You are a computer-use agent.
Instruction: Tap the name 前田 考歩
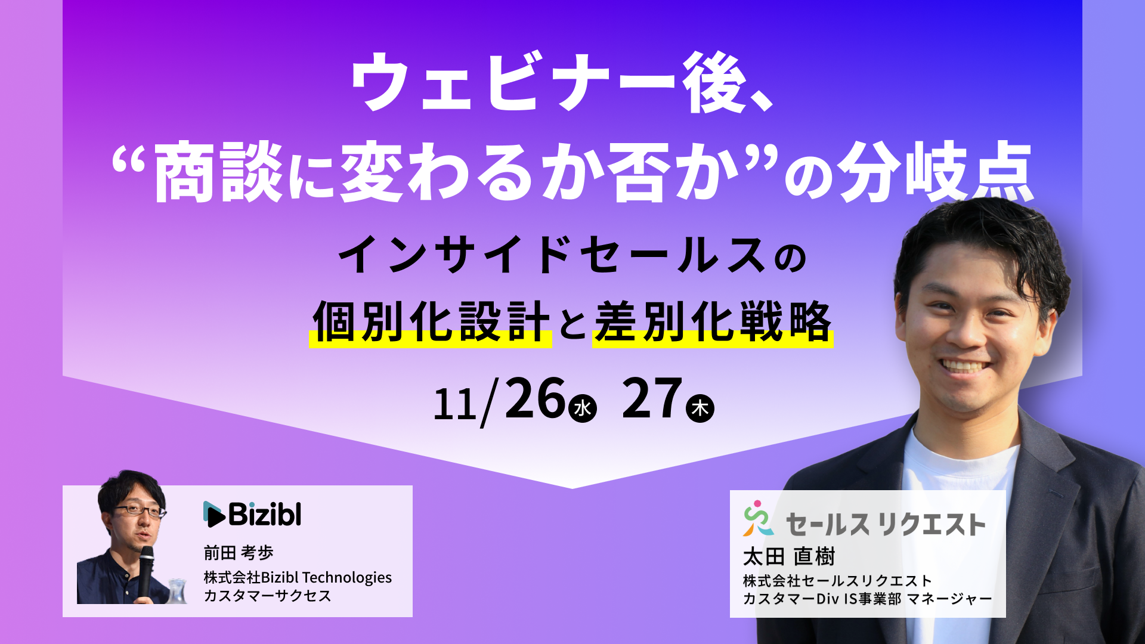[x=239, y=553]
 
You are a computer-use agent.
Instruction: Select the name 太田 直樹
[x=789, y=556]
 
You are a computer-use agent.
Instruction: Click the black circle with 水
[x=583, y=408]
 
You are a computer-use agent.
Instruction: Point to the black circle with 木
[x=700, y=408]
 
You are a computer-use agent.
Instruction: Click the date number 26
[x=535, y=398]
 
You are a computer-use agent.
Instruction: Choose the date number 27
[x=652, y=398]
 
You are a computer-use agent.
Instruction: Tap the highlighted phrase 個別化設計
[x=431, y=322]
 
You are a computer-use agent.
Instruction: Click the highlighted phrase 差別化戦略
[x=713, y=322]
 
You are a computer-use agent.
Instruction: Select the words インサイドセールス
[x=552, y=255]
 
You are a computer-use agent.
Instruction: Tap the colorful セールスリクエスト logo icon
[x=758, y=518]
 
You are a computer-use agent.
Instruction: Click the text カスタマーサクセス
[x=267, y=596]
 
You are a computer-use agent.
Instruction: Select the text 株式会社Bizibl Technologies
[x=298, y=577]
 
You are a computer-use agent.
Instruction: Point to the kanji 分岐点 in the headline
[x=935, y=172]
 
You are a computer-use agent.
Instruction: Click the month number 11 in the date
[x=455, y=404]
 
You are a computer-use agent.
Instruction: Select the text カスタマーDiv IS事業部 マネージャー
[x=867, y=598]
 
